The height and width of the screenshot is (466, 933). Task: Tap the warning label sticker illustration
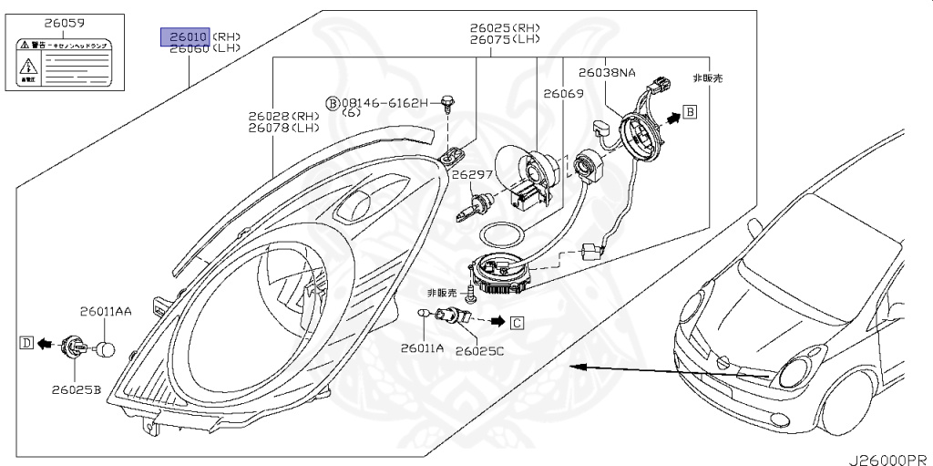61,63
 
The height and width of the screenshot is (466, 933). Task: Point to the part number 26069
563,94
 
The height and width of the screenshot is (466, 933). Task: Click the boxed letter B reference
690,112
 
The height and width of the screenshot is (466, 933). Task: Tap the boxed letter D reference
26,343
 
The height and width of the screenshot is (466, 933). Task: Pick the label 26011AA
105,311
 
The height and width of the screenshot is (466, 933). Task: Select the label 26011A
422,347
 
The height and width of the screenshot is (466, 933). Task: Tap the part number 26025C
480,349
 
